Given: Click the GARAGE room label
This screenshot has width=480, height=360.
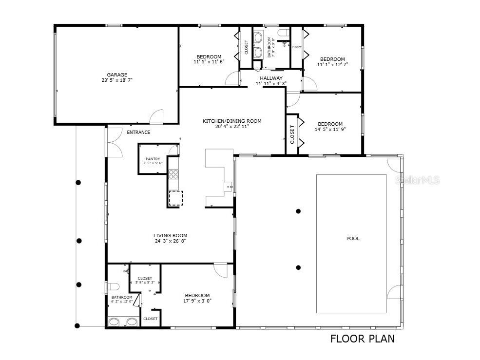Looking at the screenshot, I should click(x=117, y=75).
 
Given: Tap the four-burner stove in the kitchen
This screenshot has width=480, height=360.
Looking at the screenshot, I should click(x=173, y=174).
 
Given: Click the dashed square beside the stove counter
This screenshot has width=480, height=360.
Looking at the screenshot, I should click(x=175, y=198).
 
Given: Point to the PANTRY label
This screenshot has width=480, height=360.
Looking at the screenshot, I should click(x=153, y=159).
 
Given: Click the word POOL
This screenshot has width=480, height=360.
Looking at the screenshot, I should click(x=353, y=238).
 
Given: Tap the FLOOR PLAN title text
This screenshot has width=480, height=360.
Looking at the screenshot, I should click(x=363, y=339).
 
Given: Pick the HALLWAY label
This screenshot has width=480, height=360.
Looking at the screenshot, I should click(x=271, y=78).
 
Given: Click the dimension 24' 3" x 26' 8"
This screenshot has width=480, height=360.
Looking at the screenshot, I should click(x=170, y=241).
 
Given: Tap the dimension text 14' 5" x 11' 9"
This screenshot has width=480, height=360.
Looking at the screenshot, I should click(x=330, y=130).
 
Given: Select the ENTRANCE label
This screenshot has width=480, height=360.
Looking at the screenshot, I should click(x=138, y=132).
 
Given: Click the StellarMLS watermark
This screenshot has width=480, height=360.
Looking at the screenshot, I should click(x=420, y=180).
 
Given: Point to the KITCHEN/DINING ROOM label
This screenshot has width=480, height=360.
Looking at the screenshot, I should click(x=232, y=121).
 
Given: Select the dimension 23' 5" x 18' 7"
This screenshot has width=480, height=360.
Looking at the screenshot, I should click(x=117, y=80).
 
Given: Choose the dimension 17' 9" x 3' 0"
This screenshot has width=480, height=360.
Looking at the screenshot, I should click(x=197, y=301).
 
